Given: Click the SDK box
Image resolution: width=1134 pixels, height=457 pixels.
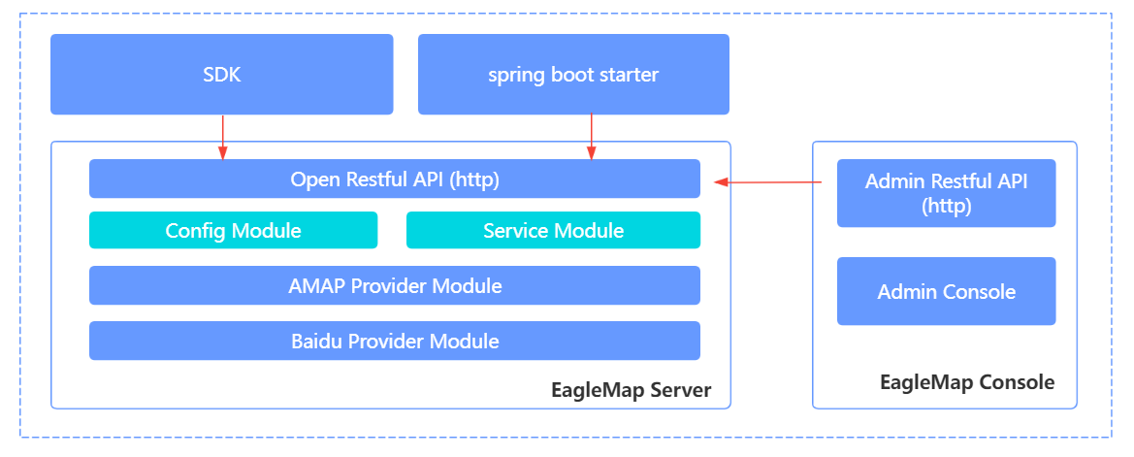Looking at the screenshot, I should click(x=221, y=74).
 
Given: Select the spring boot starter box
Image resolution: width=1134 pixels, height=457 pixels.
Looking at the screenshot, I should click(x=572, y=74).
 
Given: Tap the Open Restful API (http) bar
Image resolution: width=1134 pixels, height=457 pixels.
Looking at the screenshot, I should click(x=394, y=180).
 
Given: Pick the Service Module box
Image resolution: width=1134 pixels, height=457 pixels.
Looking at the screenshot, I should click(x=553, y=231).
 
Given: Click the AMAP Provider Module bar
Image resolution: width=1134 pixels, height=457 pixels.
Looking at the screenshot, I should click(x=394, y=286).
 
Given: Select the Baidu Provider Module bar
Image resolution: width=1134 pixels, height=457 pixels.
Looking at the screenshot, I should click(x=394, y=342).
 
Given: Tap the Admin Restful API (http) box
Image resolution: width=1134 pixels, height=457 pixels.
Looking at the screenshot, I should click(x=946, y=193).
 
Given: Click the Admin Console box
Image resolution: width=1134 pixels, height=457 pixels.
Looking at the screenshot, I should click(x=946, y=291).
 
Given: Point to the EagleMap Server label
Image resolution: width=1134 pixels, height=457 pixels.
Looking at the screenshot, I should click(x=631, y=391).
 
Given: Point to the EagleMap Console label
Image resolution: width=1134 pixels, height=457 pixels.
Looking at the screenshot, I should click(x=966, y=382).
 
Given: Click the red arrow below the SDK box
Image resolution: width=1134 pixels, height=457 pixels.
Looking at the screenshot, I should click(x=223, y=137).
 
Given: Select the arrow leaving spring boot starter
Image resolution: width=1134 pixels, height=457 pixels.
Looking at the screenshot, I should click(x=591, y=137).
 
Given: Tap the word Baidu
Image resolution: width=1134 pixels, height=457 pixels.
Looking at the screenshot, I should click(x=316, y=342).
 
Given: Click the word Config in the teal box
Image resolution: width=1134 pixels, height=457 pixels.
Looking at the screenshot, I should click(x=195, y=231).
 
